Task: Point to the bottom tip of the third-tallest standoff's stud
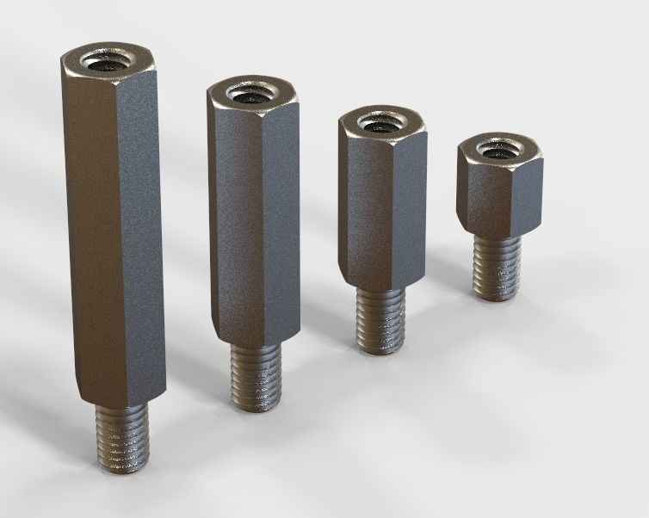point(380,349)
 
